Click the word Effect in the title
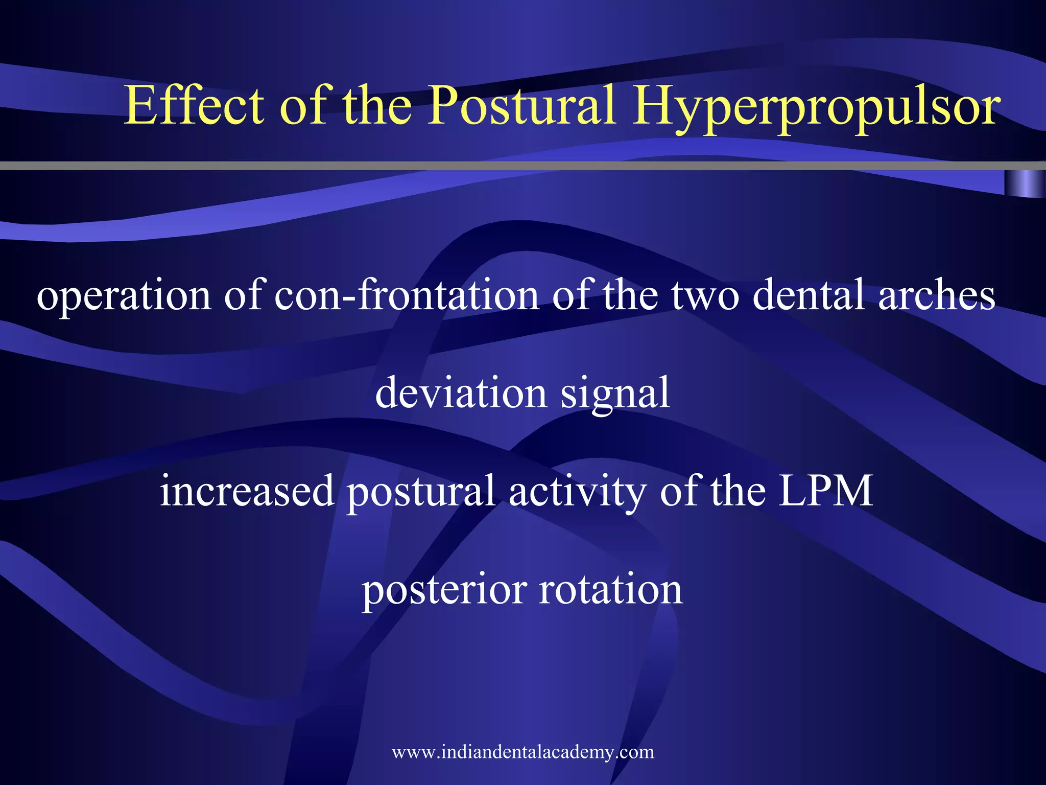click(x=195, y=106)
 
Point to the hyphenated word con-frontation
click(x=407, y=295)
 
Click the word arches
click(x=937, y=295)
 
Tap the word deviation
click(x=461, y=392)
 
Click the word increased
click(x=247, y=491)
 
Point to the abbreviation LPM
click(x=826, y=491)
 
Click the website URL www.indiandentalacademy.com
click(x=523, y=752)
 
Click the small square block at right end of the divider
click(x=1025, y=183)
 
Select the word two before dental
click(x=705, y=296)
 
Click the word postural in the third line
click(x=421, y=492)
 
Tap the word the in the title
click(x=377, y=106)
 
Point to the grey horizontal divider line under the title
click(x=511, y=166)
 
